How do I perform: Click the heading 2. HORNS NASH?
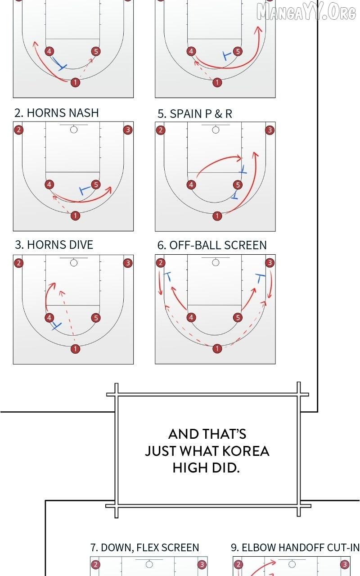57,113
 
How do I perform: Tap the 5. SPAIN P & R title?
195,114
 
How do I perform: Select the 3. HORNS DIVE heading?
54,244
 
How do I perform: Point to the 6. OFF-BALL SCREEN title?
212,245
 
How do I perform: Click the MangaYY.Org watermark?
306,12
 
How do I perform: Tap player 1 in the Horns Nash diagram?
75,216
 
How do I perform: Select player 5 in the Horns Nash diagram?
96,184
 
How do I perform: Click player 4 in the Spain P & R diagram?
191,184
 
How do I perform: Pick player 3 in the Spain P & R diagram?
270,130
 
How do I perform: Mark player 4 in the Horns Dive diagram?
49,318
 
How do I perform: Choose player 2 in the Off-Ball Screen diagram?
161,263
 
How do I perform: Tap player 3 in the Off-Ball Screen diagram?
270,263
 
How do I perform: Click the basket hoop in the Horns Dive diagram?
74,263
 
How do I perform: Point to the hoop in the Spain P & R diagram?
216,130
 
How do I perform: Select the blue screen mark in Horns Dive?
56,326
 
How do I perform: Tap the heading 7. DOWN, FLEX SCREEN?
145,548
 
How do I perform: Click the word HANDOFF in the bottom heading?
301,548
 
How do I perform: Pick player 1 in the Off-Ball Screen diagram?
217,348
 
